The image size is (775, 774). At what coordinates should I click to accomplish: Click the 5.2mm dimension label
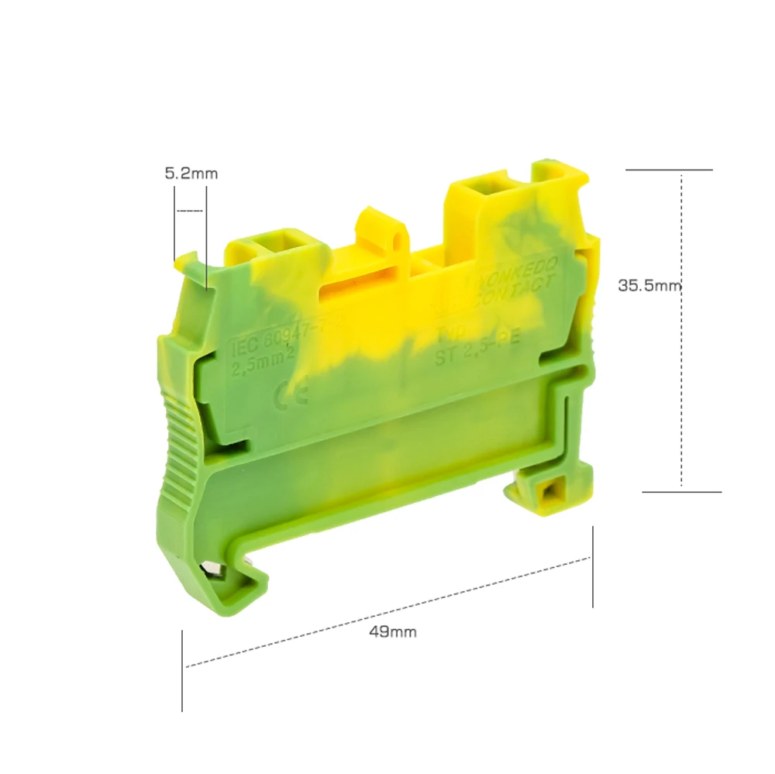coord(191,174)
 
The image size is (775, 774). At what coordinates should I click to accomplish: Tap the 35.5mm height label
coord(649,285)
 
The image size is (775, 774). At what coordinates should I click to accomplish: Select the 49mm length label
coord(393,631)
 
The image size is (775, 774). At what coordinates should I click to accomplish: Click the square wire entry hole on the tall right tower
coord(488,187)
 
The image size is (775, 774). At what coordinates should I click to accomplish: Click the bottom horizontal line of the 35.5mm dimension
coord(682,491)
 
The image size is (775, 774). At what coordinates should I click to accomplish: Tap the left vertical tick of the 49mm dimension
coord(182,670)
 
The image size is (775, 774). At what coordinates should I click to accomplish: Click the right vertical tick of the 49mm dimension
coord(593,566)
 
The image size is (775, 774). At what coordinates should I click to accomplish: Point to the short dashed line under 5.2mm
coord(191,210)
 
